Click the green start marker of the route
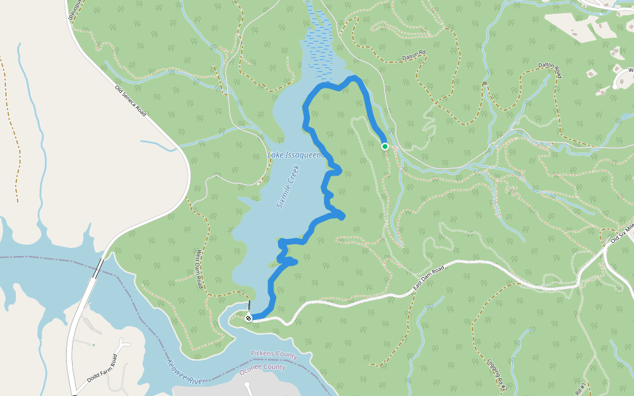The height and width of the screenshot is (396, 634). (x=385, y=147)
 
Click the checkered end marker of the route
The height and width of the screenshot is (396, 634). (x=249, y=318)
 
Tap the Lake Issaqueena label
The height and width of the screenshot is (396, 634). (x=295, y=155)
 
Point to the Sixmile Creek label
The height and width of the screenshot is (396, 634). (x=288, y=187)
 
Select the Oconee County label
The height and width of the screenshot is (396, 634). (x=262, y=367)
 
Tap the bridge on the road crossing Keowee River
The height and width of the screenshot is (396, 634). (x=98, y=269)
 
